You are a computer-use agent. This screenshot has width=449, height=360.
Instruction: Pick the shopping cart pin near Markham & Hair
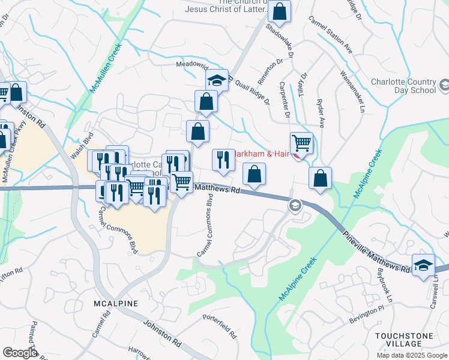click(301, 143)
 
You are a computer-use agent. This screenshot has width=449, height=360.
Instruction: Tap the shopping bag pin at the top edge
click(279, 11)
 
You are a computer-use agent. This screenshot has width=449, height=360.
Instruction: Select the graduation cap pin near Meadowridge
click(217, 80)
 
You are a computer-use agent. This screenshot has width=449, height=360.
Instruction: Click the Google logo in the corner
click(20, 353)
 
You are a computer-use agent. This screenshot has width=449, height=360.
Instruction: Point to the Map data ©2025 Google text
click(412, 355)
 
